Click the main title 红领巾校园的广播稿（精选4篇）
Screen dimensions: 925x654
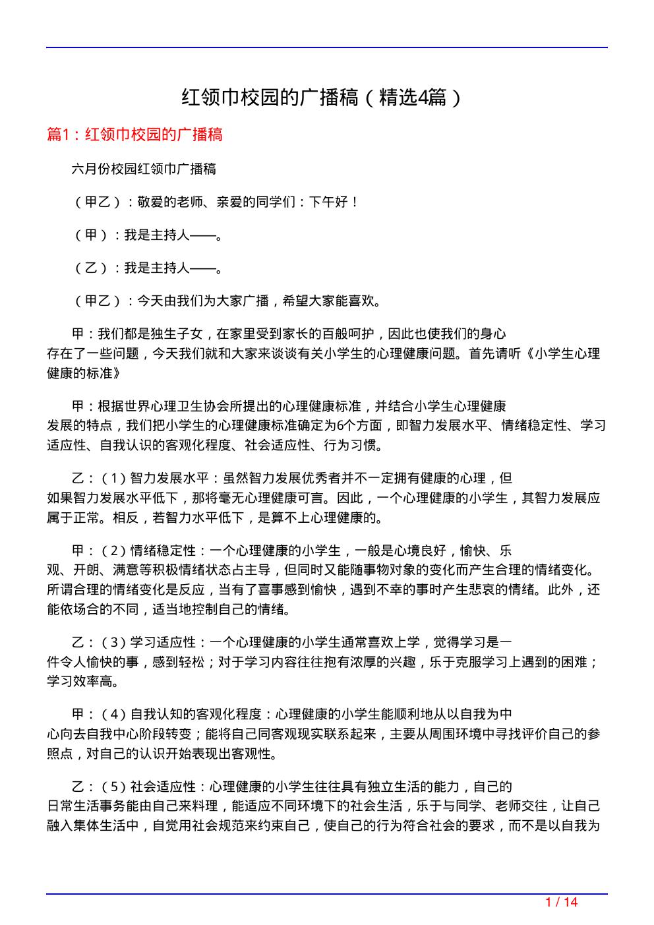[321, 98]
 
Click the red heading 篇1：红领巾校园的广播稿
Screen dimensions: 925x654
[135, 134]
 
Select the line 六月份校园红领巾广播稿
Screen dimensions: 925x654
[144, 169]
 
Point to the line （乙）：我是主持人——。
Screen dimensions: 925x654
[147, 268]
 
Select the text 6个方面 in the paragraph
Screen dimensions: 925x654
[359, 425]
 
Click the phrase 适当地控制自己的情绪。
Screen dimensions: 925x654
[222, 609]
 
